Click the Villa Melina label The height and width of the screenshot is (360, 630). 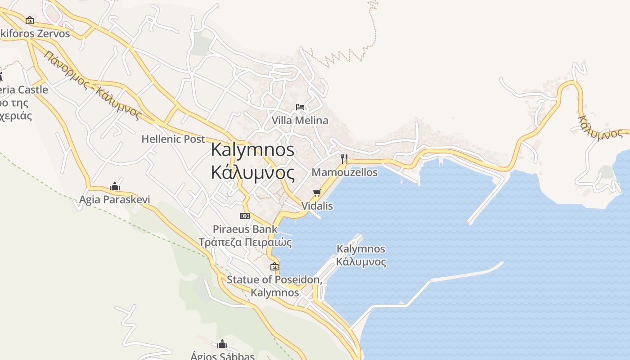pyautogui.click(x=300, y=121)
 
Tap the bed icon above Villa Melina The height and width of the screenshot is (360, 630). pyautogui.click(x=300, y=107)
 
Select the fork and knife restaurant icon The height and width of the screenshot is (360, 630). pyautogui.click(x=344, y=158)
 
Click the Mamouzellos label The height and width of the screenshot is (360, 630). pyautogui.click(x=344, y=172)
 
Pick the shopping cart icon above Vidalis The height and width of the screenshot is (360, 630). pyautogui.click(x=317, y=193)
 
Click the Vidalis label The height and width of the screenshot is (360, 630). pyautogui.click(x=317, y=206)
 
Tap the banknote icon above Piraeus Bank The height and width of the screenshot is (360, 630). pyautogui.click(x=245, y=216)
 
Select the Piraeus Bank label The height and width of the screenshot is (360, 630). pyautogui.click(x=245, y=229)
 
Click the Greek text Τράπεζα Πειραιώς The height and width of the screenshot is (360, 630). pyautogui.click(x=245, y=243)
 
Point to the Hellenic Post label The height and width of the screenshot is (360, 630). pyautogui.click(x=173, y=139)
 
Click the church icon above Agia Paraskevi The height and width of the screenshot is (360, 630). pyautogui.click(x=115, y=186)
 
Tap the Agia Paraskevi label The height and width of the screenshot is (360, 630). pyautogui.click(x=115, y=199)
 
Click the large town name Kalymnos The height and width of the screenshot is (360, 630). pyautogui.click(x=252, y=150)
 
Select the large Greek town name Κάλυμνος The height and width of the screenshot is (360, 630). pyautogui.click(x=252, y=172)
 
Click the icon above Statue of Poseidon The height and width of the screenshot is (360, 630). pyautogui.click(x=274, y=266)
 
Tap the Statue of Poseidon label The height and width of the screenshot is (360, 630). pyautogui.click(x=274, y=279)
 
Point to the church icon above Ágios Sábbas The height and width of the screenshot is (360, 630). pyautogui.click(x=222, y=345)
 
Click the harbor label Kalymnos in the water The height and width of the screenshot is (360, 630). pyautogui.click(x=361, y=249)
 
